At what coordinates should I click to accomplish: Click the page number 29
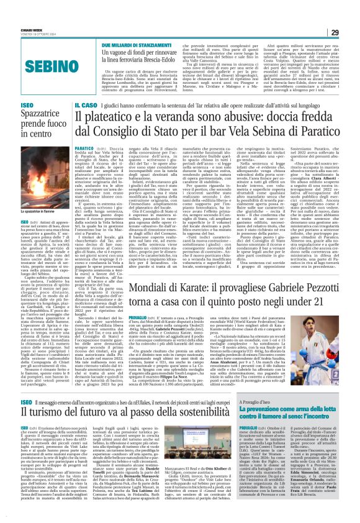click(351, 14)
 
